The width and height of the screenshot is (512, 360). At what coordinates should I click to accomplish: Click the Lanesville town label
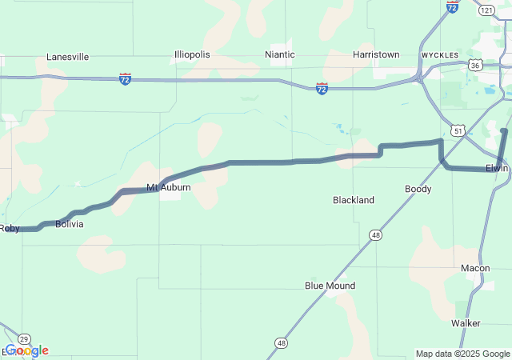[x=67, y=57]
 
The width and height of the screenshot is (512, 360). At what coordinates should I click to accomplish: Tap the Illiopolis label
[x=192, y=54]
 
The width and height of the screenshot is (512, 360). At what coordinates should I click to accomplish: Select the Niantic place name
[x=280, y=54]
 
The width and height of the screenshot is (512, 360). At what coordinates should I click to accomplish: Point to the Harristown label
[x=376, y=54]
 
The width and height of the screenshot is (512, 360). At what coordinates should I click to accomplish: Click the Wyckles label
[x=439, y=55]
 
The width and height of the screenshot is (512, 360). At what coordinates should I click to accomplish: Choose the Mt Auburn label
[x=168, y=187]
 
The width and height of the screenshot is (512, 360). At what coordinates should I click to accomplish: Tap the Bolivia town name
[x=69, y=225]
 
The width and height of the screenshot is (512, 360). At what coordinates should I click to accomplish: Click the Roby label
[x=9, y=228]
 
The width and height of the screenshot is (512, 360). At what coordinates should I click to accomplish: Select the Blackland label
[x=354, y=200]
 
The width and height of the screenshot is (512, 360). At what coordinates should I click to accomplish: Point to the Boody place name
[x=418, y=189]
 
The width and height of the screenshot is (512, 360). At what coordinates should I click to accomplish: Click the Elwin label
[x=497, y=168]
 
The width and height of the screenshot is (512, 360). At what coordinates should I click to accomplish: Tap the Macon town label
[x=475, y=268]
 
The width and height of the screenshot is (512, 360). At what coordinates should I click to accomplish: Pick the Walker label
[x=466, y=323]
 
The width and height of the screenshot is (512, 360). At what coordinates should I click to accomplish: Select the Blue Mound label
[x=330, y=286]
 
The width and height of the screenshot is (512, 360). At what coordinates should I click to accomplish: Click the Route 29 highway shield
[x=24, y=338]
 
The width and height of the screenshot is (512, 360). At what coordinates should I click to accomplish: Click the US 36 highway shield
[x=475, y=65]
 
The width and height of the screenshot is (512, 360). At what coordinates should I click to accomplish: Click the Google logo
[x=26, y=350]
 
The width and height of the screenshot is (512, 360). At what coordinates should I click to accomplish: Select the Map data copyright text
[x=462, y=354]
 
